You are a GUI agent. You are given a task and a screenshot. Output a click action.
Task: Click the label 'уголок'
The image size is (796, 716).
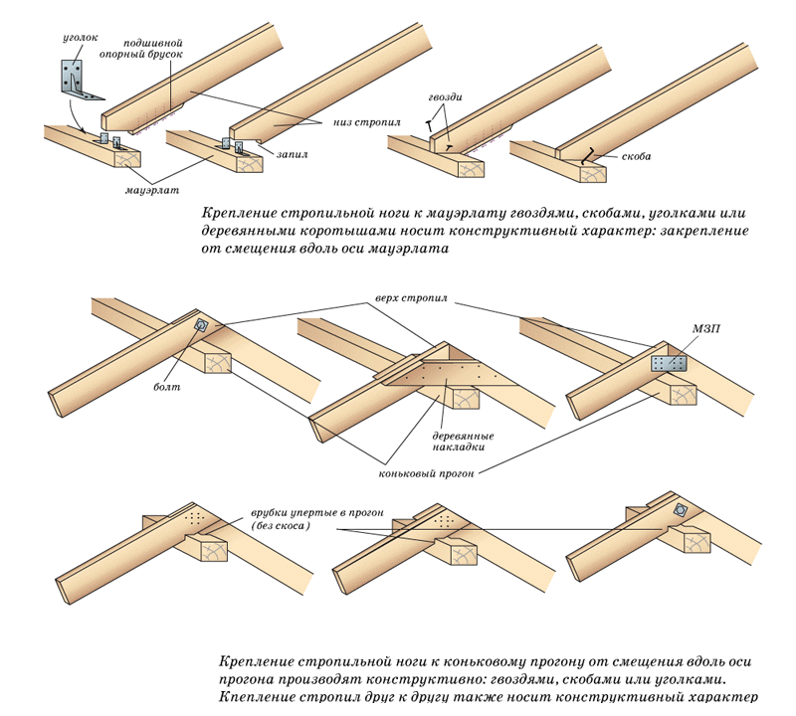(79, 37)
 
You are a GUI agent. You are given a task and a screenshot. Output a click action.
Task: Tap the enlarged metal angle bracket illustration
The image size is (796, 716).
(80, 79)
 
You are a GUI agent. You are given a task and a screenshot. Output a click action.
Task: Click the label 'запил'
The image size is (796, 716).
(294, 156)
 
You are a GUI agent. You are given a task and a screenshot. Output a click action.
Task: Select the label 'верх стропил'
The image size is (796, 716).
(410, 297)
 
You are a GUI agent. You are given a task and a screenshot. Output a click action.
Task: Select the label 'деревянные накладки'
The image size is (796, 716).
(463, 441)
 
